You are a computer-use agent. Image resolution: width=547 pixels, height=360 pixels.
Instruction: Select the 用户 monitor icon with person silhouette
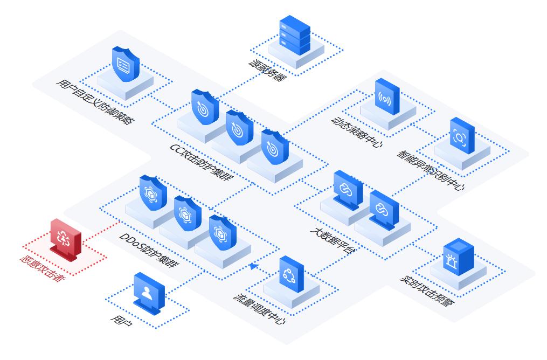pos(149,292)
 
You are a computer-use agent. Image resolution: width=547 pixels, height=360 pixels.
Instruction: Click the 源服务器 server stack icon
pos(295,36)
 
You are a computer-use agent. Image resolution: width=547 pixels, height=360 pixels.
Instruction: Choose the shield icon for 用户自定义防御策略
pos(125,64)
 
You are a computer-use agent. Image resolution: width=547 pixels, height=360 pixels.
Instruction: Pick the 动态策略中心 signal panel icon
pos(387,97)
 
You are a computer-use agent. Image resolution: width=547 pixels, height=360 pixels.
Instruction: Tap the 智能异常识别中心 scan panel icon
pos(462,136)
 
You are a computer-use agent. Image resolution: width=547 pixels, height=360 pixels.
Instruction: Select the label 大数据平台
pos(333,240)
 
